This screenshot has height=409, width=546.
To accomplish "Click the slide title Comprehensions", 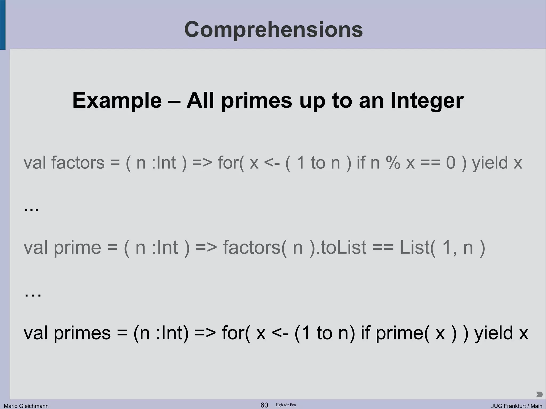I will tap(273, 30).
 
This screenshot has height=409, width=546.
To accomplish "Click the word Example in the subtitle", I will tap(117, 100).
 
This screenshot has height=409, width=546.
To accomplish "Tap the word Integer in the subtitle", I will tap(427, 100).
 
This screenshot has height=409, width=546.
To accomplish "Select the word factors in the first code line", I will tap(78, 163).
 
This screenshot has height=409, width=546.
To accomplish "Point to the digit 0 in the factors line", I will tap(451, 163).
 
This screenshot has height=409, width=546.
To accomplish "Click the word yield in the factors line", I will tap(490, 163).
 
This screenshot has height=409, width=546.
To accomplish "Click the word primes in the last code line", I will tap(82, 333).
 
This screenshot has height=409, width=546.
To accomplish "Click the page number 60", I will tap(264, 405).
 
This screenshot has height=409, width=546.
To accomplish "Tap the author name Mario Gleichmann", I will tap(26, 406).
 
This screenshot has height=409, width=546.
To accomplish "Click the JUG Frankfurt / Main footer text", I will tap(517, 406).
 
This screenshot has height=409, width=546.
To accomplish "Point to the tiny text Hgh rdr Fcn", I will tap(286, 405).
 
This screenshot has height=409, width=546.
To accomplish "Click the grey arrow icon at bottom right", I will tap(539, 394).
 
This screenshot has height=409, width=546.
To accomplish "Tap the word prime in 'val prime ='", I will tap(77, 248).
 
